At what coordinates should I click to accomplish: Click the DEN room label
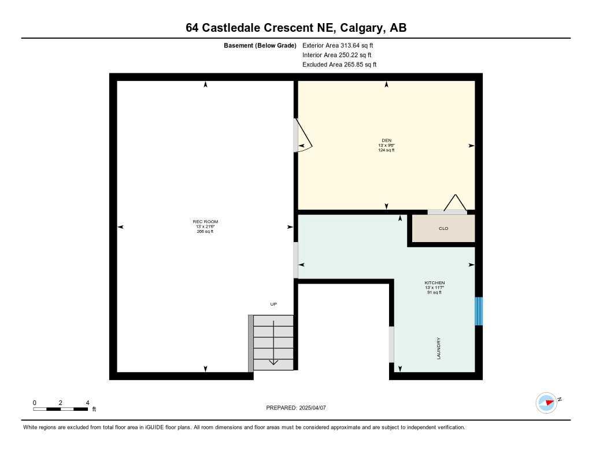[x=387, y=140]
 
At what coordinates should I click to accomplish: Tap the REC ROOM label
[x=205, y=222]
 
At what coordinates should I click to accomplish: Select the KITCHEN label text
[x=434, y=283]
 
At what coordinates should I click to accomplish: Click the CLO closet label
[x=443, y=229]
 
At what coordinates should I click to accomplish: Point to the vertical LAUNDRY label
[x=439, y=348]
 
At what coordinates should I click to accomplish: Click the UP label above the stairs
[x=274, y=304]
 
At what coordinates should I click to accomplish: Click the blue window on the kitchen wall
[x=478, y=311]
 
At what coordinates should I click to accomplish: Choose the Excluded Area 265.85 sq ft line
[x=339, y=65]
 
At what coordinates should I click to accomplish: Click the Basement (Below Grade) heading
[x=260, y=45]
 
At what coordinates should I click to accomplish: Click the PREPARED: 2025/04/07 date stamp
[x=296, y=408]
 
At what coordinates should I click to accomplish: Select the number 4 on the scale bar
[x=87, y=403]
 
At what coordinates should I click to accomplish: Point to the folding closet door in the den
[x=454, y=203]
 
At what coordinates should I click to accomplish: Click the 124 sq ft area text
[x=387, y=150]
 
